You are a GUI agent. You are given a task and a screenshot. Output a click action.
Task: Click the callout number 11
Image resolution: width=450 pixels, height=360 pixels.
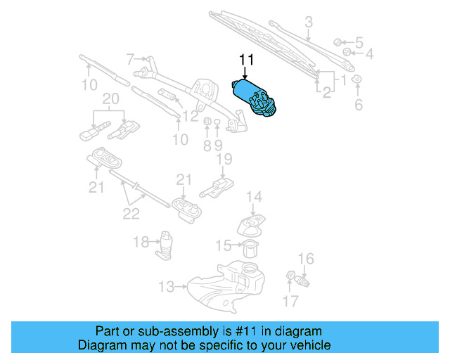245,60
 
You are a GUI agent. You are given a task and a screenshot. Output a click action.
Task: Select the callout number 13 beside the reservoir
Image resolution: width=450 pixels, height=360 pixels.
166,287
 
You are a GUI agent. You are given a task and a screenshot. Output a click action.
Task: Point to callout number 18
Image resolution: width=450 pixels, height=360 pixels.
141,242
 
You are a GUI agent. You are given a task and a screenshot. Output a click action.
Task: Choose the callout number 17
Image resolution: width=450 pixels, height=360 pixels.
290,302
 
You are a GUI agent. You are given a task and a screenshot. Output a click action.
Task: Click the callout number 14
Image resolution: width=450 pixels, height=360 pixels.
254,197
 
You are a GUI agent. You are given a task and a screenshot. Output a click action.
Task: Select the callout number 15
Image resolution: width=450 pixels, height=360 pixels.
223,245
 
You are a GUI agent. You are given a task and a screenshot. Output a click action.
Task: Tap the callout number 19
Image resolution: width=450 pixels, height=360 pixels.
224,160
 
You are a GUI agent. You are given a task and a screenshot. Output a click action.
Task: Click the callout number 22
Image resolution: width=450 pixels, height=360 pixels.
131,214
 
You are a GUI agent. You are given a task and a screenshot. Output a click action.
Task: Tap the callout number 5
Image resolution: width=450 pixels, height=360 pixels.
359,42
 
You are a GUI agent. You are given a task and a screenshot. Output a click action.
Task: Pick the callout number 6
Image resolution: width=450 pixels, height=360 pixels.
358,105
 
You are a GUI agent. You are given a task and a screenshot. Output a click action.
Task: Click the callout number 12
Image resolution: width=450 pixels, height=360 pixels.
191,115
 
